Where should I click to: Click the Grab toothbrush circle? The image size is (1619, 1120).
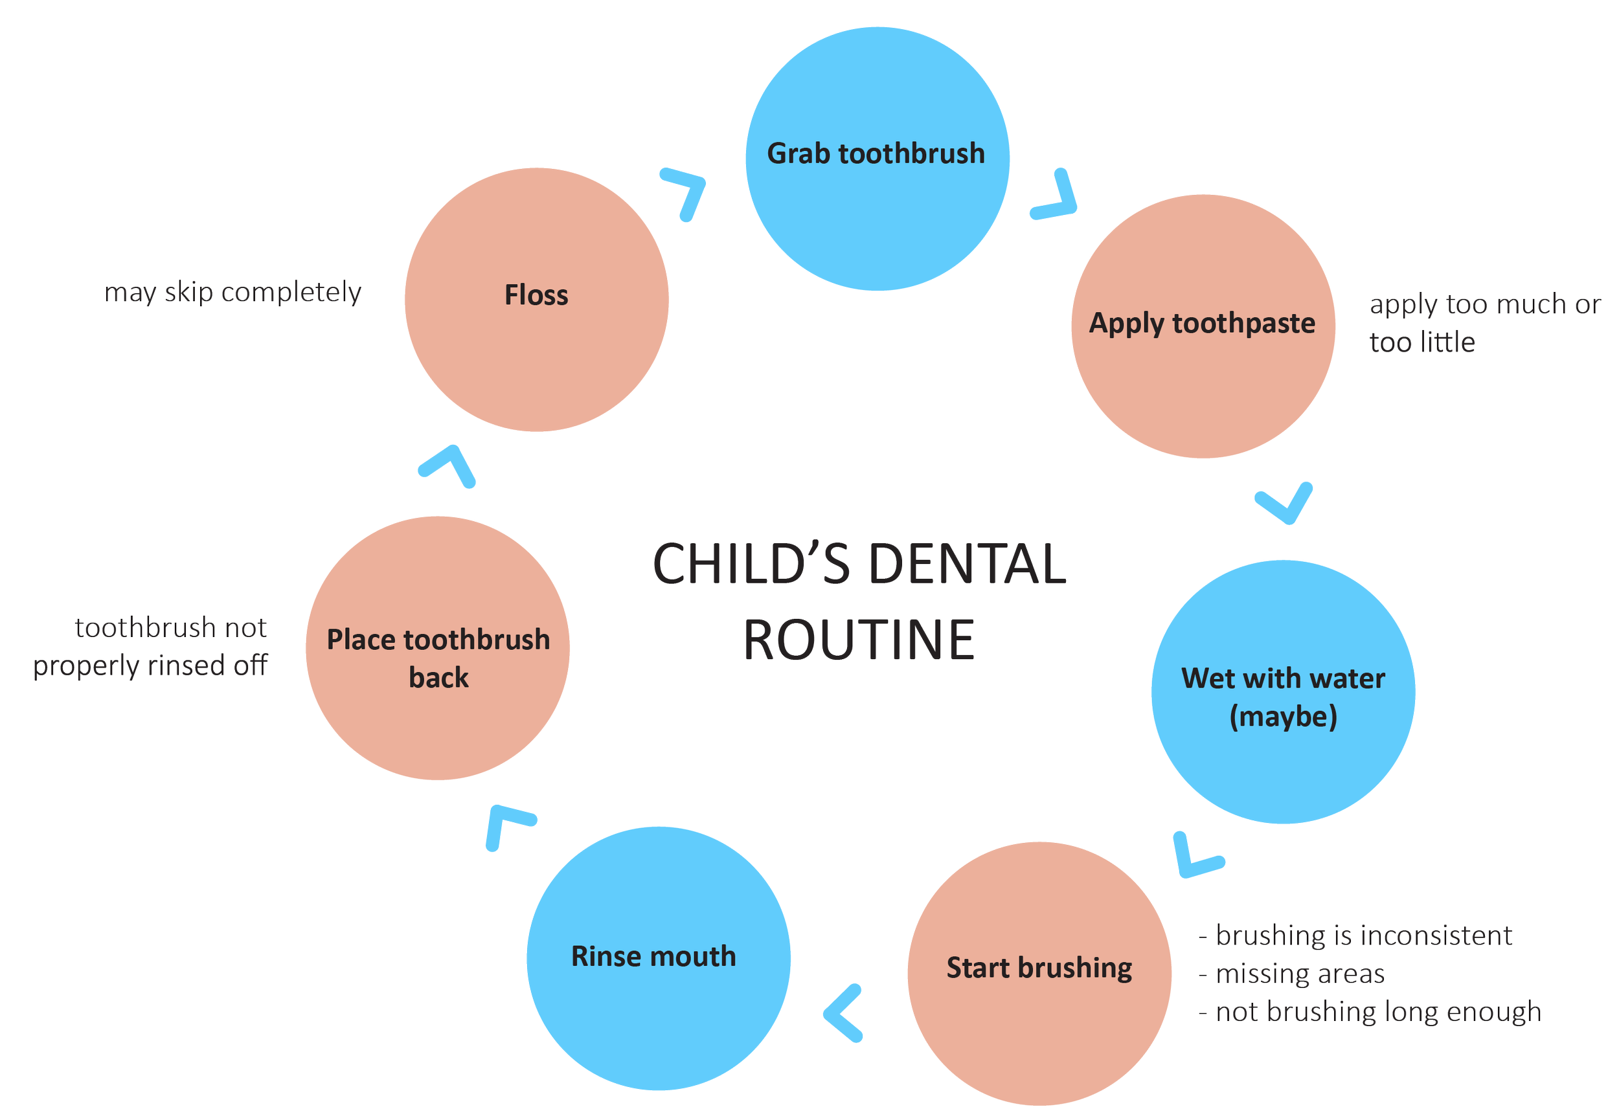point(877,159)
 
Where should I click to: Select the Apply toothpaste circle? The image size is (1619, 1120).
point(1203,327)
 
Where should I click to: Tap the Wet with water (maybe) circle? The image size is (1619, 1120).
point(1283,692)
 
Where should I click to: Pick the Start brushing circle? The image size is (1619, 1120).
point(1039,973)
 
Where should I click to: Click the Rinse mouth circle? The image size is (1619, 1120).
point(658,959)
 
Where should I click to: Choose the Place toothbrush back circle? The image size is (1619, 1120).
point(437,649)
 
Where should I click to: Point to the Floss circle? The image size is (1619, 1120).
point(536,299)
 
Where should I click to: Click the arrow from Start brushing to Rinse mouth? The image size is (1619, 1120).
point(842,1013)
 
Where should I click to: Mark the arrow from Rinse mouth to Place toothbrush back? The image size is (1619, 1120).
point(506,825)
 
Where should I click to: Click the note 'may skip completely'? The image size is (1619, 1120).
point(233,293)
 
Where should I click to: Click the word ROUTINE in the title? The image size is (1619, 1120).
point(859,640)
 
